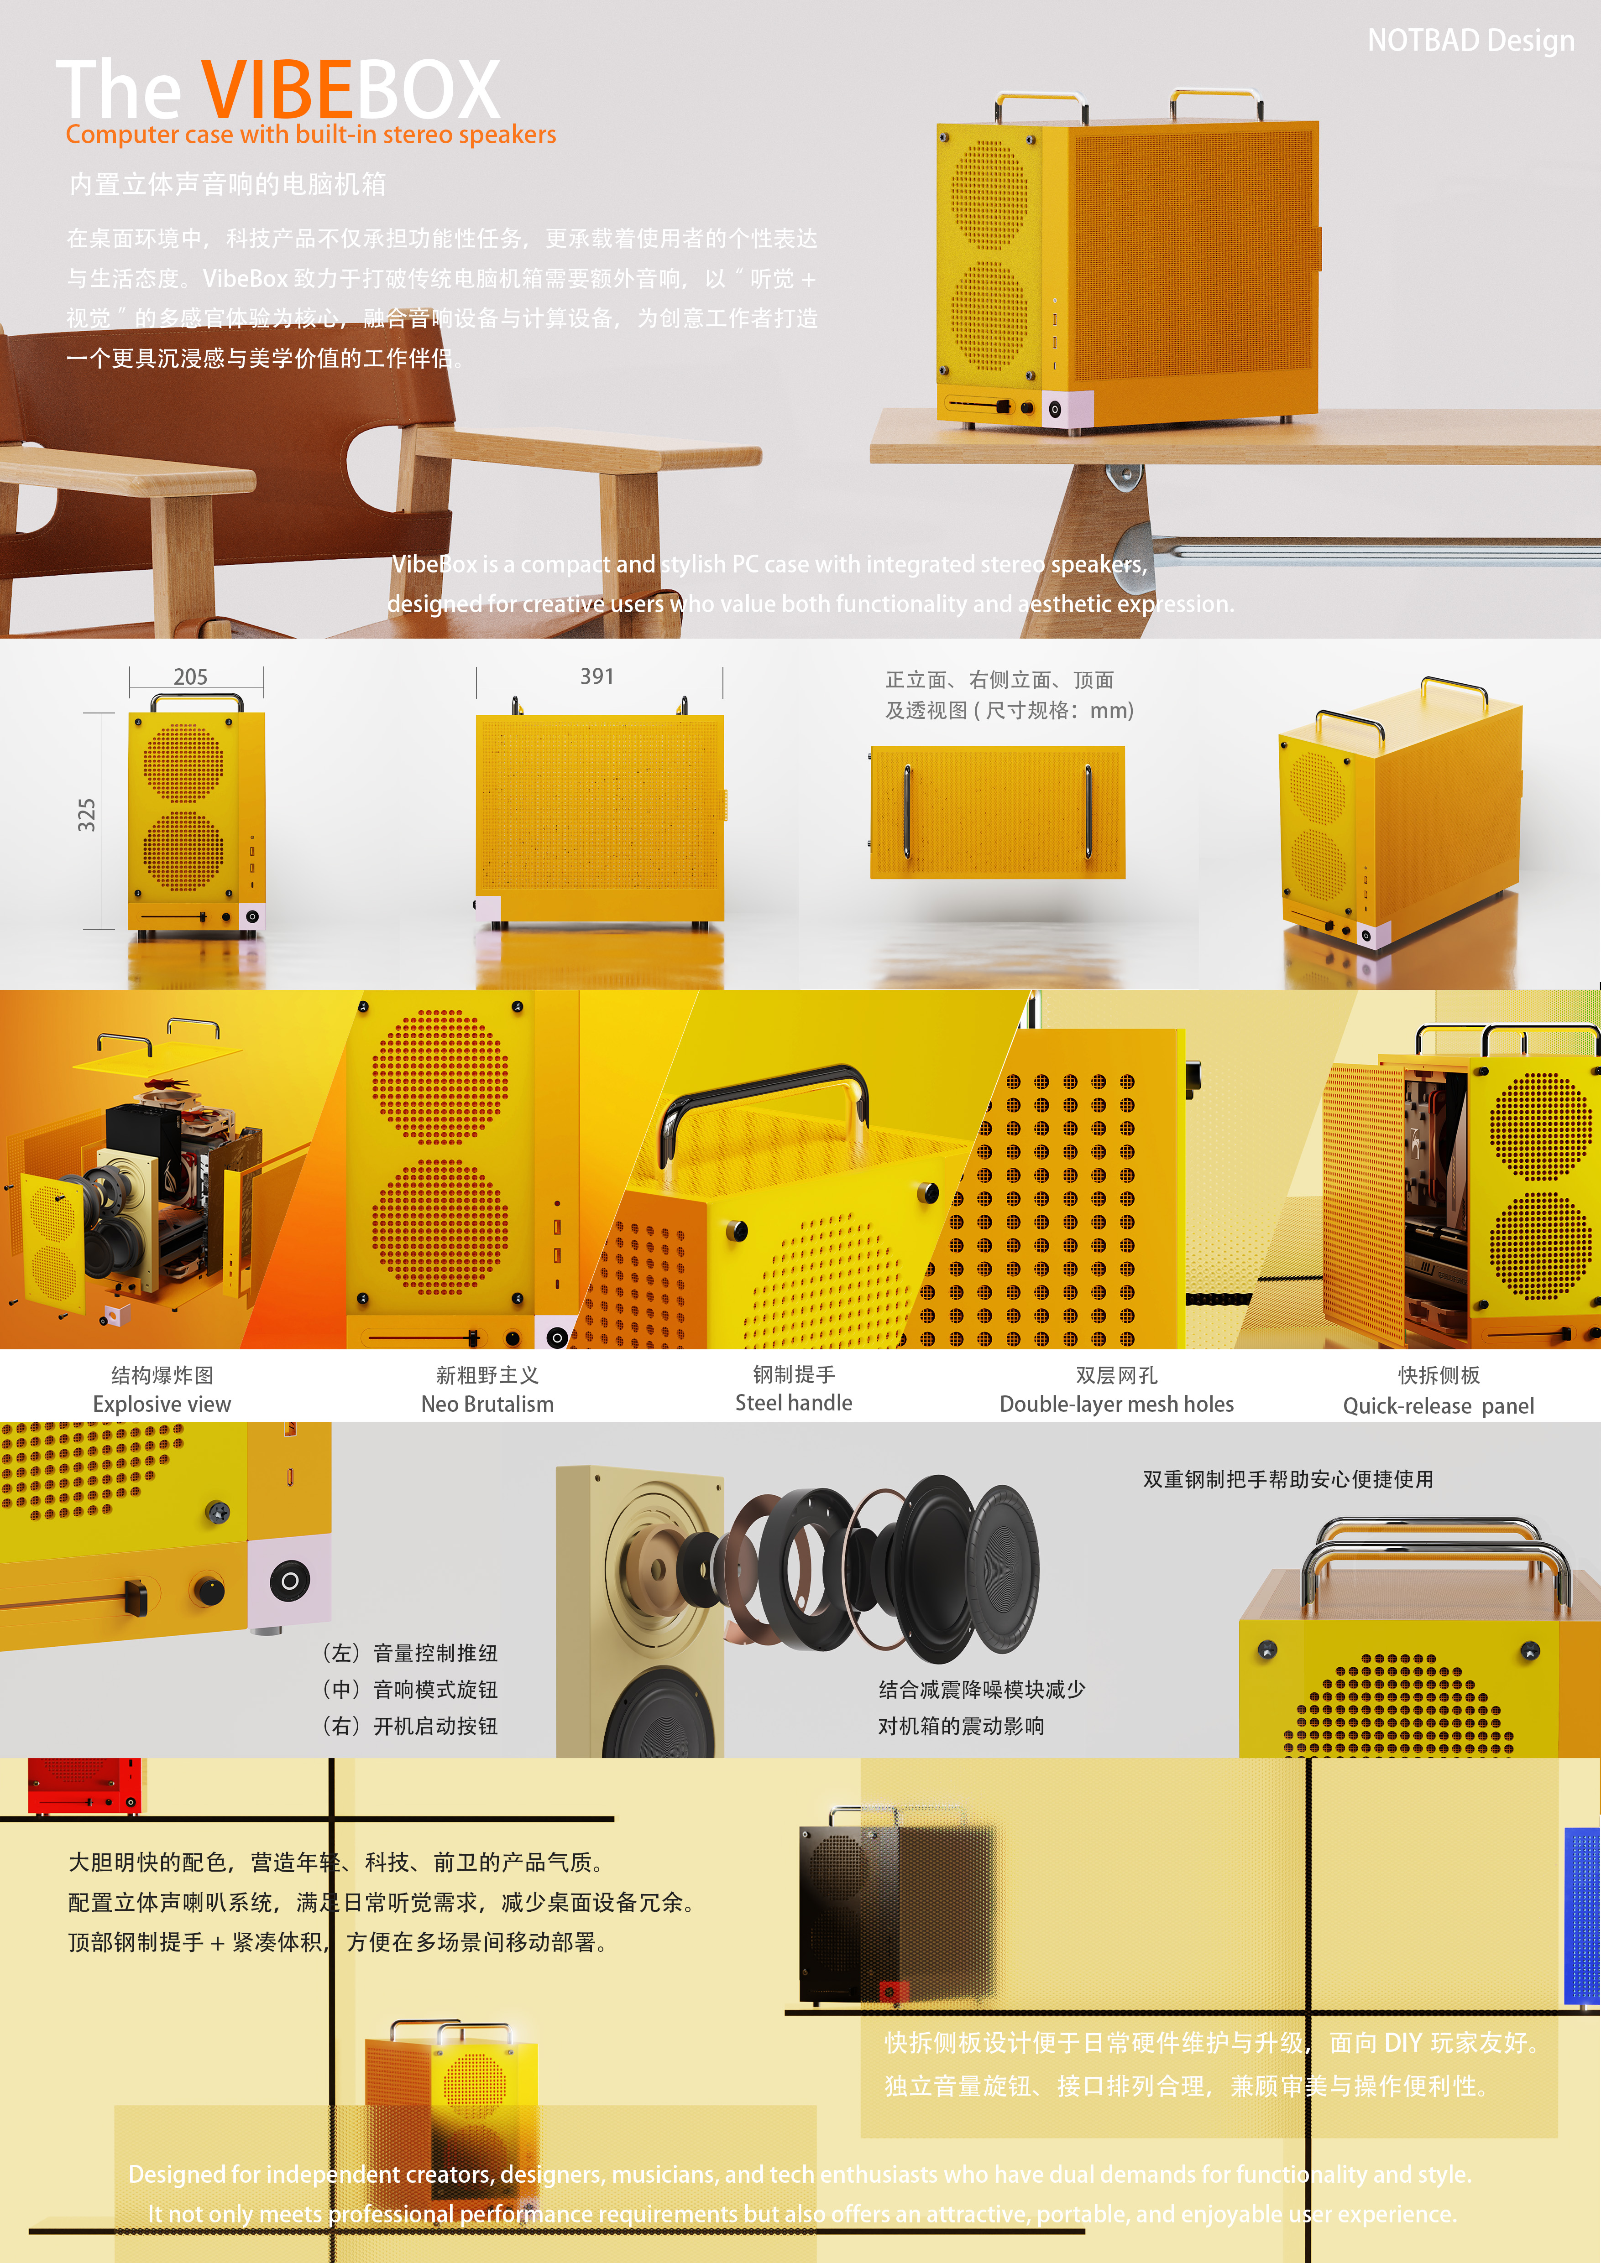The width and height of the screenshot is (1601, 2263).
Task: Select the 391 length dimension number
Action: (x=596, y=676)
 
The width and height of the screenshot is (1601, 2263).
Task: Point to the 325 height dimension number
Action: (x=87, y=815)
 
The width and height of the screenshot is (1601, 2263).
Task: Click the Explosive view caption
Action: (x=162, y=1404)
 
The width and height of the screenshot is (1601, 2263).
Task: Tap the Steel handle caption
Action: (x=794, y=1403)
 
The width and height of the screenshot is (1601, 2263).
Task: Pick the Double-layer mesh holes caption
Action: (x=1116, y=1404)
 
